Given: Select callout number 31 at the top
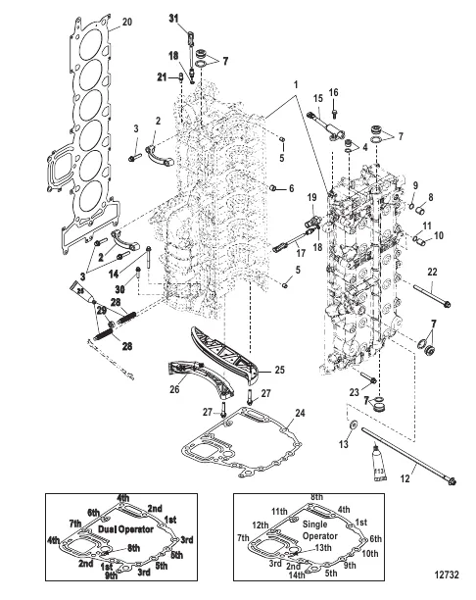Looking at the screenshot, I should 173,20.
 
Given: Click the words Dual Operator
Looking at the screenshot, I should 112,527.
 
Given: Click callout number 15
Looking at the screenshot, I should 317,99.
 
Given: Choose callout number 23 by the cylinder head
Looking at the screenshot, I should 353,389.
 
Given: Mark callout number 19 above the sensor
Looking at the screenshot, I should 310,198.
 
